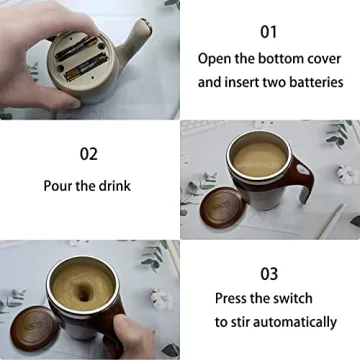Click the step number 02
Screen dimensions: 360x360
click(x=88, y=154)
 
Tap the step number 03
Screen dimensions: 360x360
click(x=269, y=272)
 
